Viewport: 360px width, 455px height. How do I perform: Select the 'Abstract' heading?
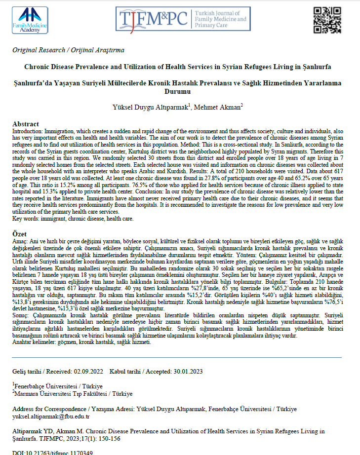pyautogui.click(x=26, y=124)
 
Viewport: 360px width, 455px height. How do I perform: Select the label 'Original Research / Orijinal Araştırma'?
pyautogui.click(x=68, y=50)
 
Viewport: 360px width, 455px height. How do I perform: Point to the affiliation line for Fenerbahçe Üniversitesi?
pyautogui.click(x=58, y=385)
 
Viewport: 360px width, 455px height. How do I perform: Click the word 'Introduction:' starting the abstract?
pyautogui.click(x=28, y=132)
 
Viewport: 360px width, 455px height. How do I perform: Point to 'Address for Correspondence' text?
pyautogui.click(x=51, y=409)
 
